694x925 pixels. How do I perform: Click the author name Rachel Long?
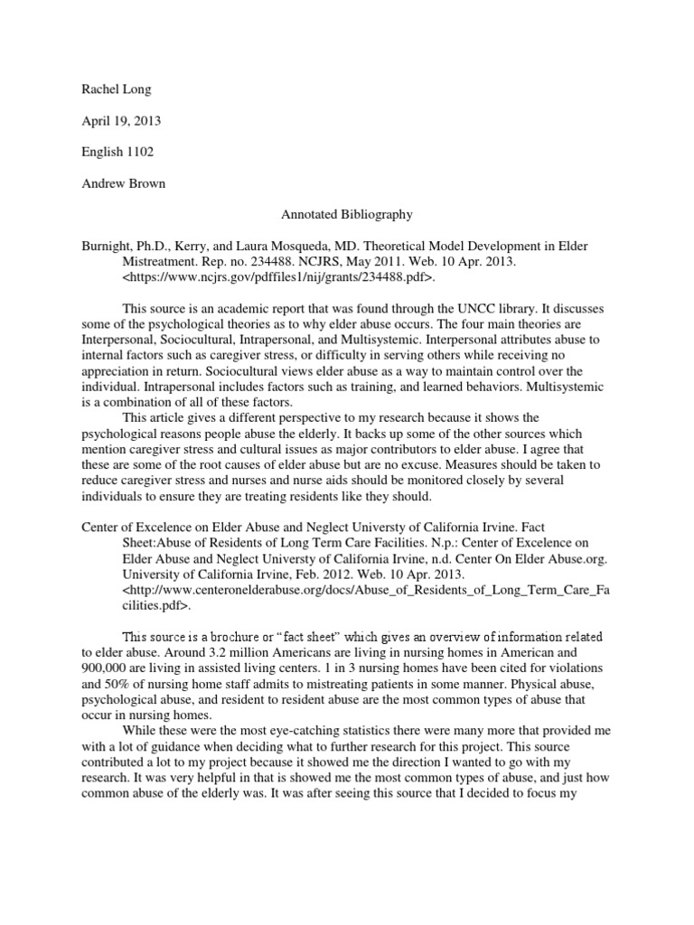(106, 90)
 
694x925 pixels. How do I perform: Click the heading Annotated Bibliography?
(347, 215)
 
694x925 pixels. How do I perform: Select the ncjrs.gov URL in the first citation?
(279, 277)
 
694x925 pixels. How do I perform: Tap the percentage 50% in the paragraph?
(117, 683)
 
